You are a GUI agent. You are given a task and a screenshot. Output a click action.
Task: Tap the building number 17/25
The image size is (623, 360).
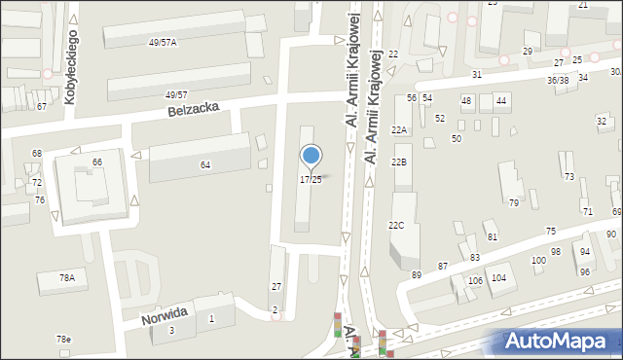pyautogui.click(x=311, y=180)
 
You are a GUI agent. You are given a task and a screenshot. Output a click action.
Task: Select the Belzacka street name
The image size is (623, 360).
pyautogui.click(x=193, y=111)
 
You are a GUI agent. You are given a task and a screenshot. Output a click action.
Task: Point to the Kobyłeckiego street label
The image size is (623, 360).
pyautogui.click(x=70, y=66)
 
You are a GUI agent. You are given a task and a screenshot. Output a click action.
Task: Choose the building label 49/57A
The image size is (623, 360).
pyautogui.click(x=163, y=44)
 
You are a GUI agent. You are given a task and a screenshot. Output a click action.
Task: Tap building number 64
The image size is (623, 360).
pyautogui.click(x=205, y=165)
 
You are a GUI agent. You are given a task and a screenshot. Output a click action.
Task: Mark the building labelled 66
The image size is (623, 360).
pyautogui.click(x=97, y=162)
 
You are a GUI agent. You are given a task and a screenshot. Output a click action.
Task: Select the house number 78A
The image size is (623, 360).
pyautogui.click(x=66, y=278)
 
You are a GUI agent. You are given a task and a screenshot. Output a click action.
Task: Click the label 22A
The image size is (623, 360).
pyautogui.click(x=399, y=129)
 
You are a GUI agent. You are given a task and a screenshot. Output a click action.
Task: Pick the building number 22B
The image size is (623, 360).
pyautogui.click(x=399, y=162)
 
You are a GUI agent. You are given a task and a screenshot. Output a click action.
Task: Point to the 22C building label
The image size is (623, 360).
pyautogui.click(x=396, y=225)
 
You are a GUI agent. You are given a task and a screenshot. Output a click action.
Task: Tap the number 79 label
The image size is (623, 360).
pyautogui.click(x=514, y=202)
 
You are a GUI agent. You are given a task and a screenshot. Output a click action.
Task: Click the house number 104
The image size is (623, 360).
pyautogui.click(x=499, y=278)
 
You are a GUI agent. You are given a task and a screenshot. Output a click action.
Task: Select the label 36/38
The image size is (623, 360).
pyautogui.click(x=558, y=81)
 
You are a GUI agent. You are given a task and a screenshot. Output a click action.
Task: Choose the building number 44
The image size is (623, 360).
pyautogui.click(x=501, y=101)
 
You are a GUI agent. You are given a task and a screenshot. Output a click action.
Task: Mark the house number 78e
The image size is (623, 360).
pyautogui.click(x=63, y=339)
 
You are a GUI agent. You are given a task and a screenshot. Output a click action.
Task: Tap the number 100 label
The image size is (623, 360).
pyautogui.click(x=538, y=261)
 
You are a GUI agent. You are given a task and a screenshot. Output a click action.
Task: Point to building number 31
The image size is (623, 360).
pyautogui.click(x=477, y=75)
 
